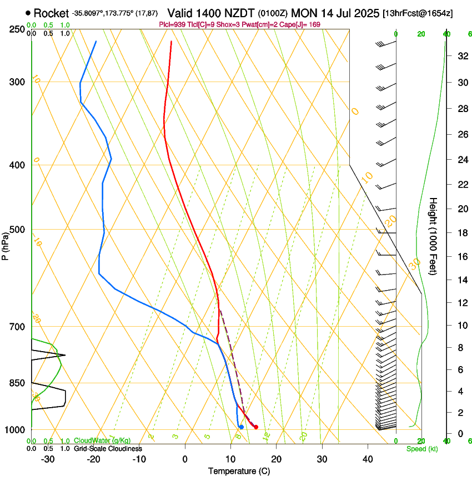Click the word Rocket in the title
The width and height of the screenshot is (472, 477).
(x=51, y=13)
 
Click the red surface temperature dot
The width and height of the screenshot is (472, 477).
(x=256, y=427)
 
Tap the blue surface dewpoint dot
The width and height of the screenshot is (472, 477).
(x=241, y=427)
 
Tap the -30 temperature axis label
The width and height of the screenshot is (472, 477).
(x=48, y=459)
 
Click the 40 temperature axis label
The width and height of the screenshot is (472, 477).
(x=368, y=459)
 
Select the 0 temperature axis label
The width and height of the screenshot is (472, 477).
(x=185, y=459)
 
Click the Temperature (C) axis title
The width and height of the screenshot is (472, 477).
(x=239, y=471)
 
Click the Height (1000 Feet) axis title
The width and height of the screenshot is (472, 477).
(x=433, y=236)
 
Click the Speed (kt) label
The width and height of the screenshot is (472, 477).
(x=421, y=449)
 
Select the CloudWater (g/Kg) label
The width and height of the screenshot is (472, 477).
(x=102, y=441)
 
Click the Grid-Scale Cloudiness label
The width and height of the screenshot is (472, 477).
(x=108, y=449)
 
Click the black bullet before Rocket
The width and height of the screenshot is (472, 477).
(x=28, y=13)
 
